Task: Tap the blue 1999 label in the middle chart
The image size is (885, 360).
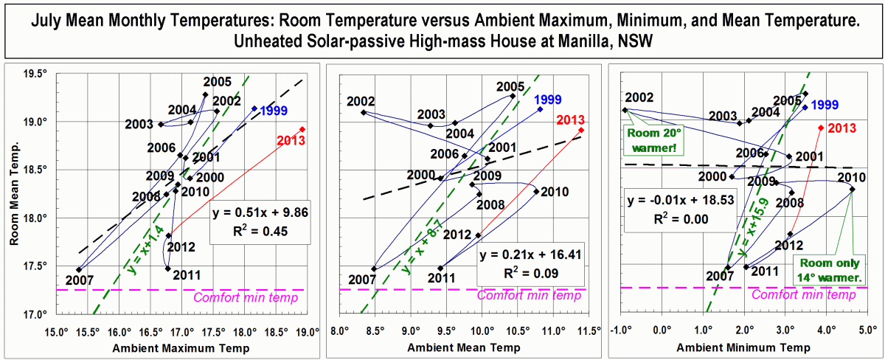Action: pyautogui.click(x=548, y=100)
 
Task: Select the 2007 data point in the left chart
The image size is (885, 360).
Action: pyautogui.click(x=78, y=269)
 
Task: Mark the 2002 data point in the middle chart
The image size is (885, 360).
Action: pyautogui.click(x=364, y=112)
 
